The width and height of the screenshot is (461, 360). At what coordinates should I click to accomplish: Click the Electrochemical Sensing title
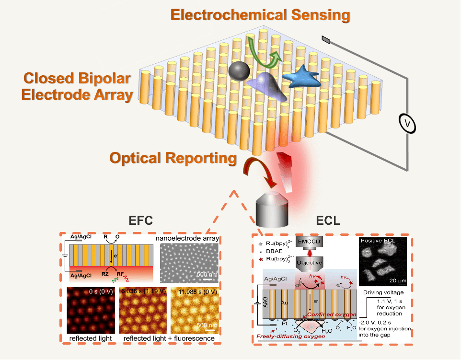click(261, 15)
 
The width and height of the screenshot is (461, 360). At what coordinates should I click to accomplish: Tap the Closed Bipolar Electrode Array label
click(78, 86)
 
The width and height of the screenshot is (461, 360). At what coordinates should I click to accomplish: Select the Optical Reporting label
click(173, 158)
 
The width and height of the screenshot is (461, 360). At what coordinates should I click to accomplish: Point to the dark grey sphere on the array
click(239, 72)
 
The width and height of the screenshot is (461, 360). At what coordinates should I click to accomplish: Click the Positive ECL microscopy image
click(383, 263)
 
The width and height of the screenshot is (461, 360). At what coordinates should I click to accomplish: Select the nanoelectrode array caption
click(187, 238)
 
